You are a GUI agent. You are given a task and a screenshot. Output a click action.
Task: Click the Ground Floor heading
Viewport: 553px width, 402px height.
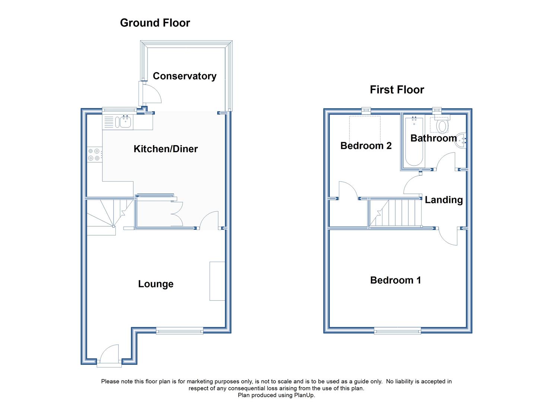point(155,23)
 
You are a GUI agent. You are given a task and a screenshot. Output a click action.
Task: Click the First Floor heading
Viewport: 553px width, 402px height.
point(397,90)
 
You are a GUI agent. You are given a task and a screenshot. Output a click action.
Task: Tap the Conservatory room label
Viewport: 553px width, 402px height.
point(184,76)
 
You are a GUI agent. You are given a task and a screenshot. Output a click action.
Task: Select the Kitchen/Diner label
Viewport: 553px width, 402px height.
point(166,149)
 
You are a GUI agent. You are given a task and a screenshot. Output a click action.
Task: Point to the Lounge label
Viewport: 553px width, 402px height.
point(156,284)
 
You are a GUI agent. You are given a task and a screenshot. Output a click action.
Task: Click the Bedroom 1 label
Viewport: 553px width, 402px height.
point(395,280)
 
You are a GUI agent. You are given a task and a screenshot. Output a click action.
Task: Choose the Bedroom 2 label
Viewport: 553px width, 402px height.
point(366,146)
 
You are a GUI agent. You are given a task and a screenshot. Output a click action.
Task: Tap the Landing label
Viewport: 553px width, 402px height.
point(444,200)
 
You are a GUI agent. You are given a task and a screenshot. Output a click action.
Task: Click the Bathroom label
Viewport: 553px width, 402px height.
point(433,138)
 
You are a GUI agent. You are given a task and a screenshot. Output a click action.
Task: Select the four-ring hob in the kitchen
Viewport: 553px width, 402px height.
point(94,154)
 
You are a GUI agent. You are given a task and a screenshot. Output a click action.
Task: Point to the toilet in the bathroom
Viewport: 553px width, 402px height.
point(442,124)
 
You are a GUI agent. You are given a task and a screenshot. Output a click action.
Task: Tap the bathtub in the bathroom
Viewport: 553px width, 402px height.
point(414,141)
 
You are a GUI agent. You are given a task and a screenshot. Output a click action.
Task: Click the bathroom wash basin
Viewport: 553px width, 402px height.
point(461,141)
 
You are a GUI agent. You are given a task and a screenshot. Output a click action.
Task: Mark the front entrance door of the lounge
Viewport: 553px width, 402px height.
point(109,355)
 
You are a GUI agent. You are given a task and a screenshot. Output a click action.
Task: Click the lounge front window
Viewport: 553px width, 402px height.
point(179,331)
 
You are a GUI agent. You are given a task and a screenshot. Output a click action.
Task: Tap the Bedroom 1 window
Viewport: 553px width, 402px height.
point(397,331)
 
